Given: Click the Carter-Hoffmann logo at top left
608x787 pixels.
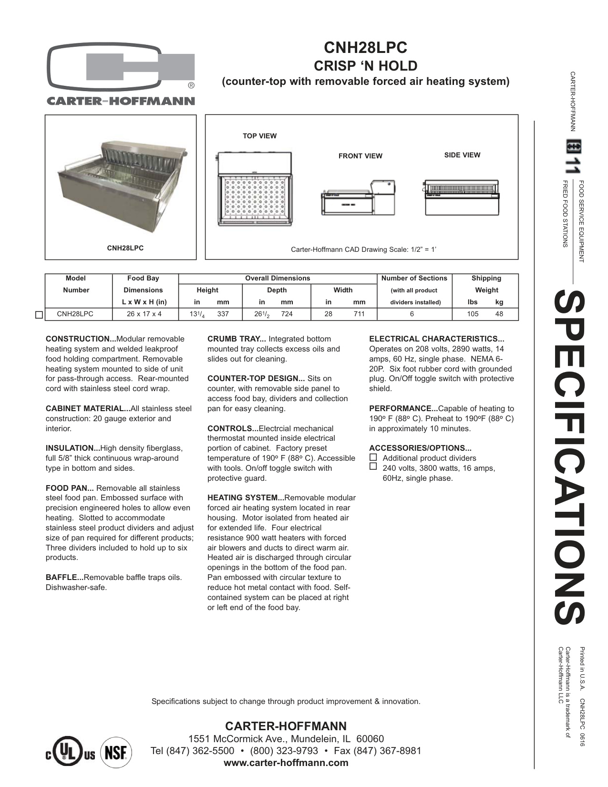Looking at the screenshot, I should point(121,74).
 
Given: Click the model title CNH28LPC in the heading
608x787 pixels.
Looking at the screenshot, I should point(366,48).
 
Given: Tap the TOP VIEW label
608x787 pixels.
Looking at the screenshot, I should point(259,136).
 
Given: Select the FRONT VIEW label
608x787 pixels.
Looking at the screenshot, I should point(360,156).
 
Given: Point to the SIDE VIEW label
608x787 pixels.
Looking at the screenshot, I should point(462,155).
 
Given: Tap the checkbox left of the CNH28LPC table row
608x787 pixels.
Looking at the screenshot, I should point(39,315).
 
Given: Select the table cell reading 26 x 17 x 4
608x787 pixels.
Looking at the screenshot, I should point(143,314).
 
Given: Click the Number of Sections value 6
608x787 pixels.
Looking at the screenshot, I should point(412,314).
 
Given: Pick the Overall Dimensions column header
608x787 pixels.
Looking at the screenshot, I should point(277,278).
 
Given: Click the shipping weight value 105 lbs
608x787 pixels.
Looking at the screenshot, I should point(473,314).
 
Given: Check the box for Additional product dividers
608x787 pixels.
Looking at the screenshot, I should point(373,457).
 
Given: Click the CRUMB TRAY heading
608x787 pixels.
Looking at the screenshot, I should point(237,339).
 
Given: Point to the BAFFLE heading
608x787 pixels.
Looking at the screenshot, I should point(64,578).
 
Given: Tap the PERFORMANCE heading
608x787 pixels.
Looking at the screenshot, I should point(403,409).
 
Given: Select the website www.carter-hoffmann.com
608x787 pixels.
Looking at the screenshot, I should point(286,763).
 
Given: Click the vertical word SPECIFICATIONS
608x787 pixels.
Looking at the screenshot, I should point(569,458).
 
